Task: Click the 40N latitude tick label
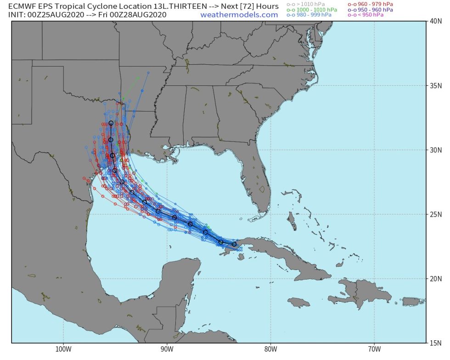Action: [435, 21]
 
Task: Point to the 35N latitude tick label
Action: [435, 85]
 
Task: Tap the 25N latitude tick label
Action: [435, 214]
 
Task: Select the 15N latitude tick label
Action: [435, 343]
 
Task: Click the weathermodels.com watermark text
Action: [239, 15]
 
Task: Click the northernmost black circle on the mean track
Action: [111, 123]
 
